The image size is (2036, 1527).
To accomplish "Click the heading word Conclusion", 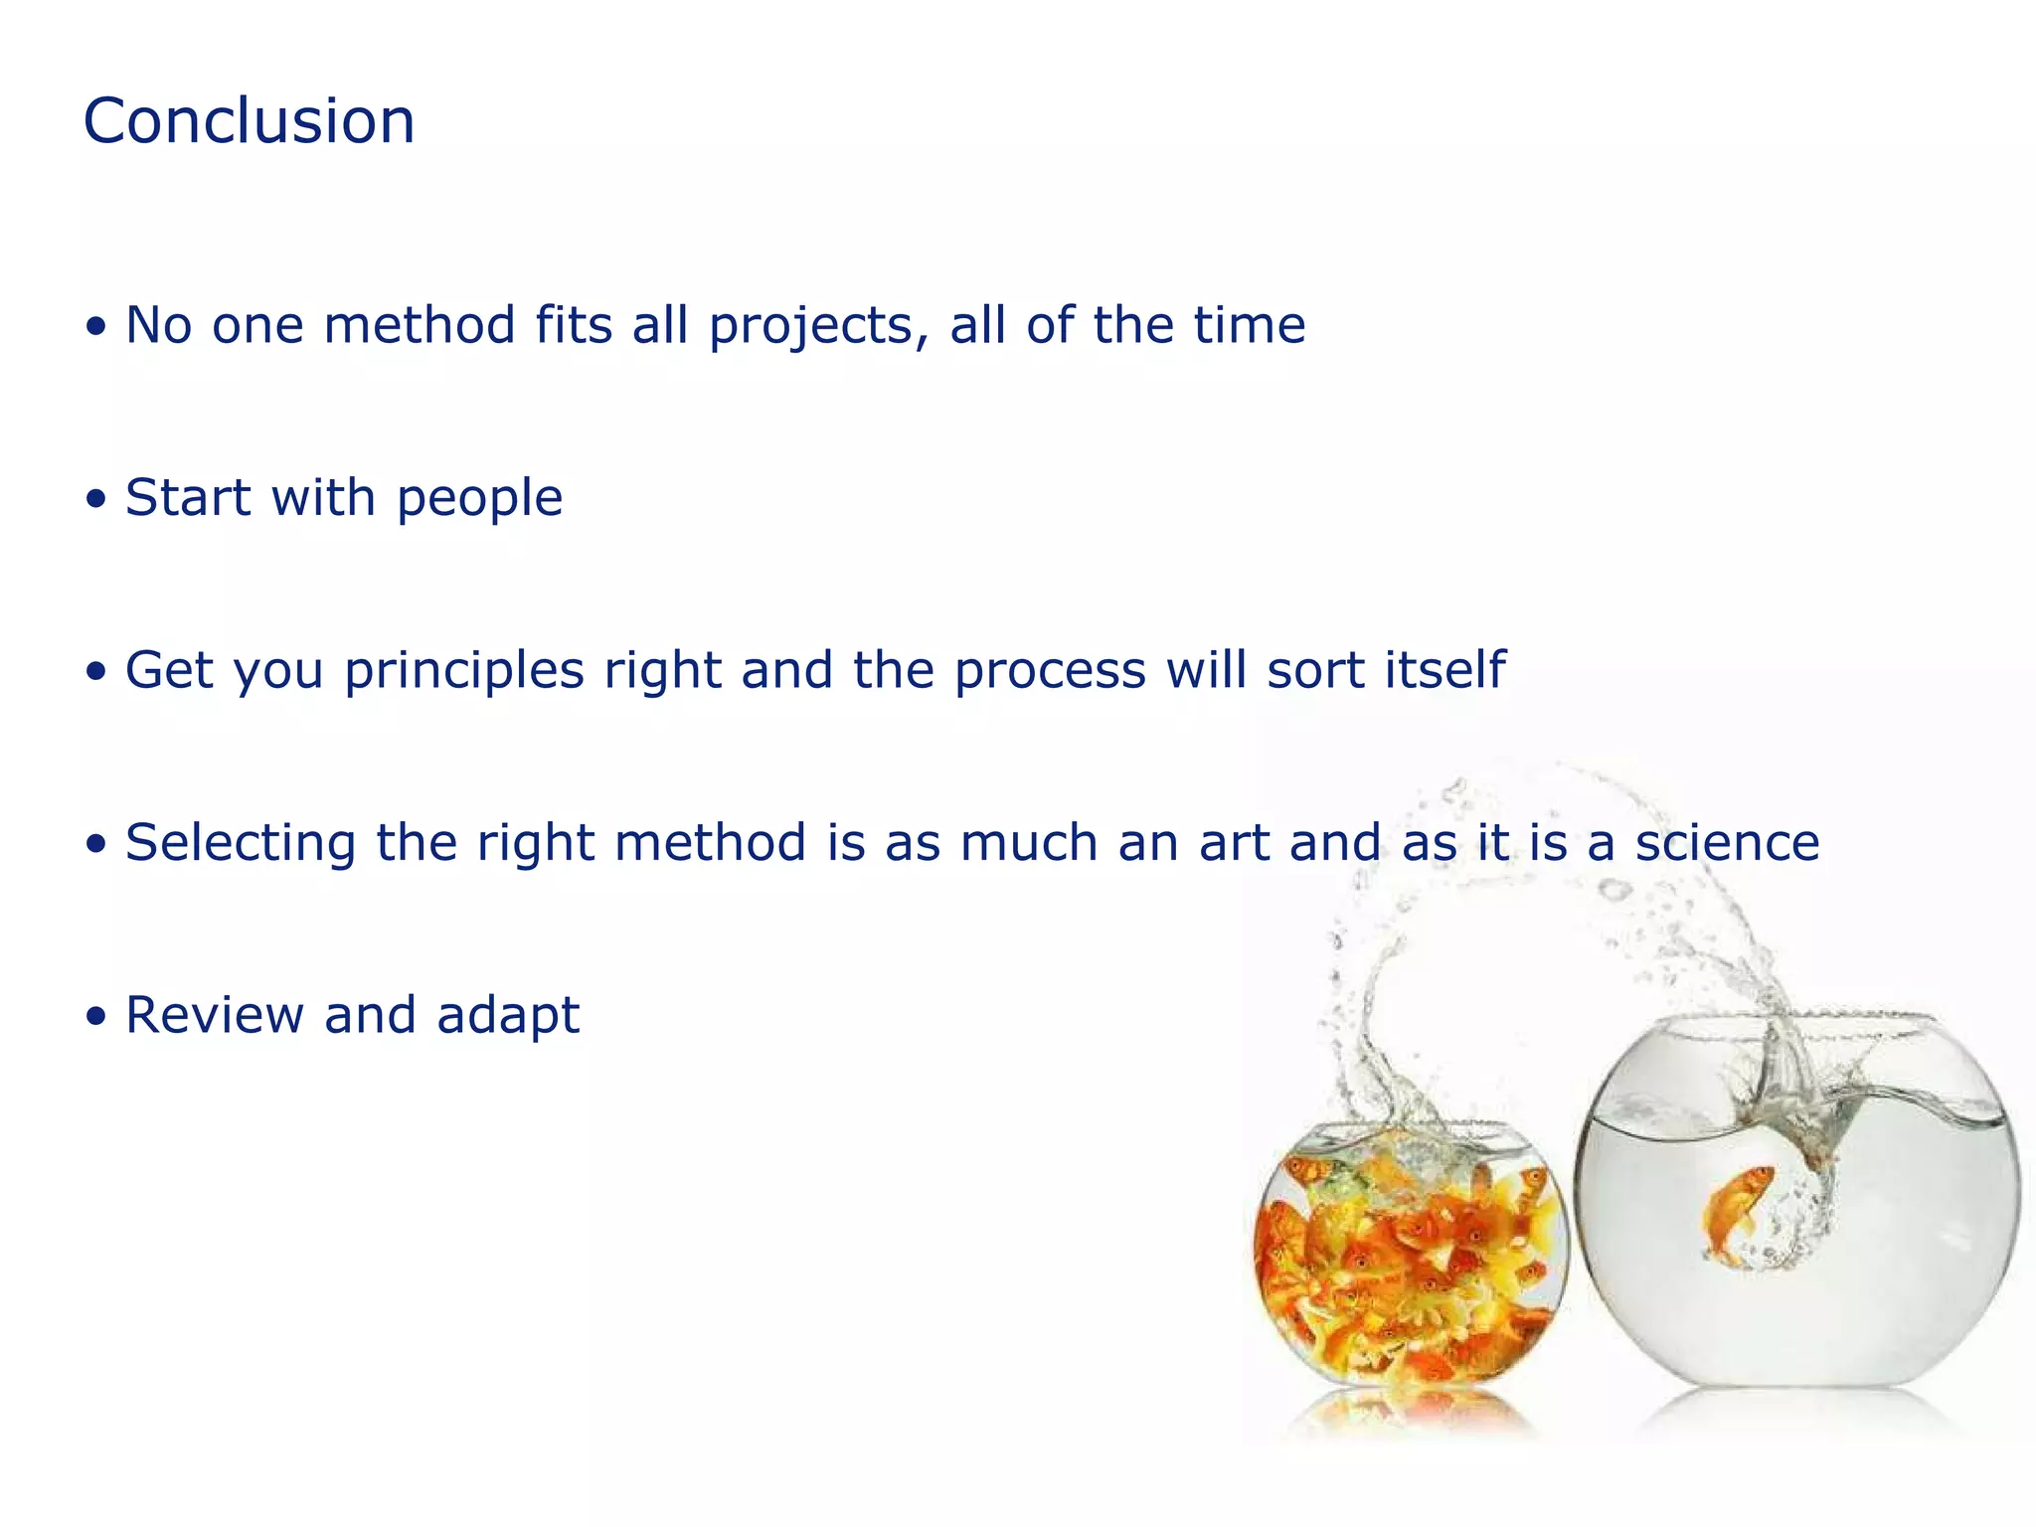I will pyautogui.click(x=249, y=121).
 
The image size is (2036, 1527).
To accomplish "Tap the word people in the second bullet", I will pyautogui.click(x=479, y=499).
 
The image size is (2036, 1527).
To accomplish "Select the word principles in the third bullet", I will pyautogui.click(x=464, y=671).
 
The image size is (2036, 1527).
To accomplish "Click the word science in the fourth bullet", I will pyautogui.click(x=1727, y=843).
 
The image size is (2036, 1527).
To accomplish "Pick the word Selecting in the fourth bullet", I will pyautogui.click(x=241, y=844).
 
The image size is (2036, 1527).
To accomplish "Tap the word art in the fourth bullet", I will pyautogui.click(x=1234, y=843).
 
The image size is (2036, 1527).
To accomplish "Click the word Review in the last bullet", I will pyautogui.click(x=215, y=1015).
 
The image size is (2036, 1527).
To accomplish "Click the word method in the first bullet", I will pyautogui.click(x=419, y=325).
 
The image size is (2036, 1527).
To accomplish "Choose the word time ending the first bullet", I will pyautogui.click(x=1249, y=325).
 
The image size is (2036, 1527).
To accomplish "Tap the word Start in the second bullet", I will pyautogui.click(x=187, y=497).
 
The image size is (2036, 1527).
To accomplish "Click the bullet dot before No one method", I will pyautogui.click(x=95, y=327).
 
